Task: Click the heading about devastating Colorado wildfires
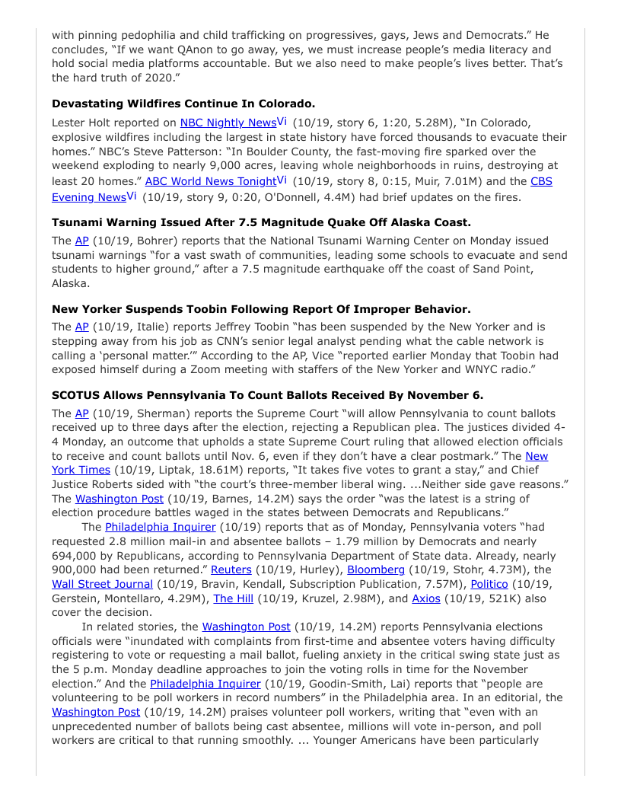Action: coord(183,104)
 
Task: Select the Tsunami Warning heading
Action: coord(261,222)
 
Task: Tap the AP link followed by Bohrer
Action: coord(82,241)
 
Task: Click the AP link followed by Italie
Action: coord(82,327)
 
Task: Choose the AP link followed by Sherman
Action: coord(82,413)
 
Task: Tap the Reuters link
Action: coord(231,569)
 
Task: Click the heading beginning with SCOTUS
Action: coord(267,395)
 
